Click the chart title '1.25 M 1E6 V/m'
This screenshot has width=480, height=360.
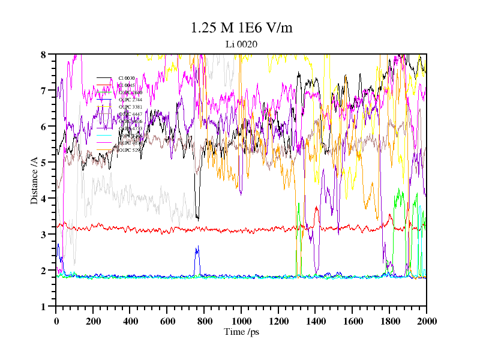[x=241, y=28]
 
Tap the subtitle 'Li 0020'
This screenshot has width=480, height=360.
[x=241, y=44]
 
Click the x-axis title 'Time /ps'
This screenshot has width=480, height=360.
[x=241, y=332]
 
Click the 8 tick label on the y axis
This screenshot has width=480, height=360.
[x=43, y=55]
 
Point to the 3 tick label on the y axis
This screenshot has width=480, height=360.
[x=43, y=235]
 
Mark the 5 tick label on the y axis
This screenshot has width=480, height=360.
[x=43, y=163]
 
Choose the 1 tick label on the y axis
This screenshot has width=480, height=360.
[x=43, y=307]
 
